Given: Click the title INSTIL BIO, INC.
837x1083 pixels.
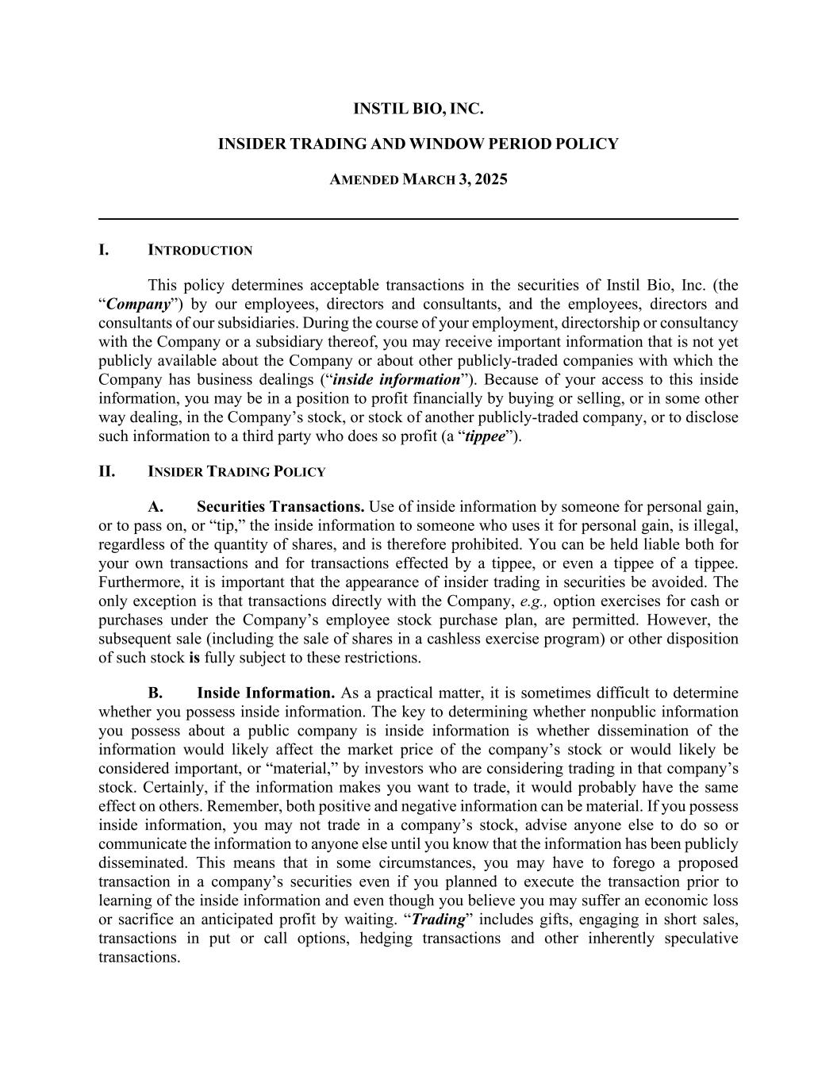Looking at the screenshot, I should tap(418, 109).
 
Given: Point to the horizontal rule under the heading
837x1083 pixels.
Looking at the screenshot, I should tap(418, 218).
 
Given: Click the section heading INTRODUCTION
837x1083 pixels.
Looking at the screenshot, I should tap(200, 251).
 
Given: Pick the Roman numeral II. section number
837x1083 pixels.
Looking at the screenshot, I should tap(106, 472).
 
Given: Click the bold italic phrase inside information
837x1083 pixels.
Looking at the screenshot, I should tap(396, 380).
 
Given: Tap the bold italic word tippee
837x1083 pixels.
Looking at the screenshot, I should tap(485, 436).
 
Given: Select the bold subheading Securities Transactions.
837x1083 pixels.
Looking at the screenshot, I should tap(281, 507).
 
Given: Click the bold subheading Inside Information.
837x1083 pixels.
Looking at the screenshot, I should tap(266, 693).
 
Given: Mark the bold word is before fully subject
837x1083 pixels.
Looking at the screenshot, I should tap(194, 658).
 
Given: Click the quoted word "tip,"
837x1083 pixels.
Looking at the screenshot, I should tap(232, 526).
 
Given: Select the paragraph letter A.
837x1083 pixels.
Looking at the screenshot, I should tap(155, 507).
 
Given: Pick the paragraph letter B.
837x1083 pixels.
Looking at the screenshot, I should tap(155, 693).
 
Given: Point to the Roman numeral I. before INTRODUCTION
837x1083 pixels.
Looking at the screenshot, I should tap(104, 251).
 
